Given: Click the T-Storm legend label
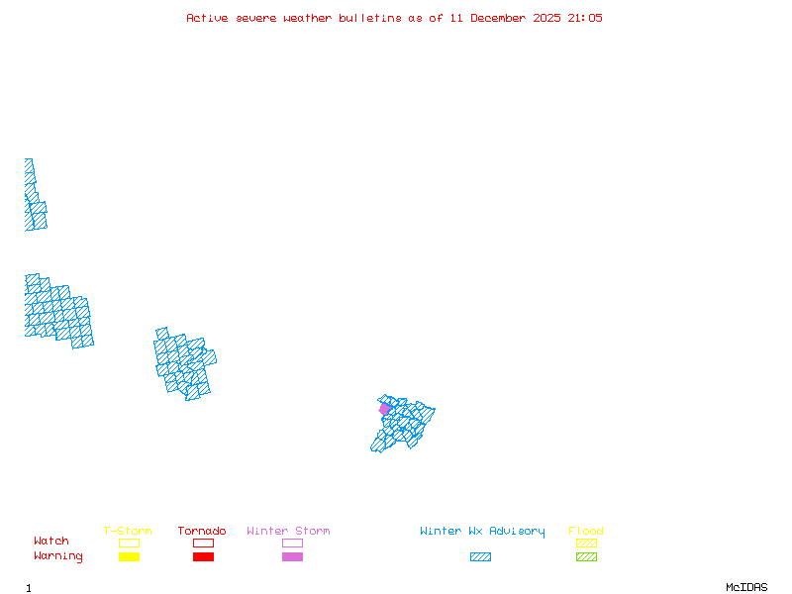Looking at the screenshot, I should [x=128, y=532].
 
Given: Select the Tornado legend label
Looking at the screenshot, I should [x=202, y=532].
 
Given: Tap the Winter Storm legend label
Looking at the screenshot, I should [x=288, y=532].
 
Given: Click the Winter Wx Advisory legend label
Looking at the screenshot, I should [x=482, y=532].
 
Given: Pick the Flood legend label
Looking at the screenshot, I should [x=586, y=532].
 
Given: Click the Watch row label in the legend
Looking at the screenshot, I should [x=51, y=542].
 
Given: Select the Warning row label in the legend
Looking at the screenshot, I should [x=58, y=556].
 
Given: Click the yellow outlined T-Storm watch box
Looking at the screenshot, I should [x=129, y=543].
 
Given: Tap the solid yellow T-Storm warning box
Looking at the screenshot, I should [x=129, y=556].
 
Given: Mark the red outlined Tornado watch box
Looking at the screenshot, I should [x=203, y=543].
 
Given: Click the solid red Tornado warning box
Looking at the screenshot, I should [x=203, y=556].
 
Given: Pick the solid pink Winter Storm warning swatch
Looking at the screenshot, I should [x=292, y=556].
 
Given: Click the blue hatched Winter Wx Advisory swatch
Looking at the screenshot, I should [x=480, y=556].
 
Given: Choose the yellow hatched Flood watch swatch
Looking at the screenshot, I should [x=586, y=543].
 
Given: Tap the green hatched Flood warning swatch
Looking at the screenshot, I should [x=586, y=556].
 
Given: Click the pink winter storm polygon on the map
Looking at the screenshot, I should [x=384, y=409].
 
